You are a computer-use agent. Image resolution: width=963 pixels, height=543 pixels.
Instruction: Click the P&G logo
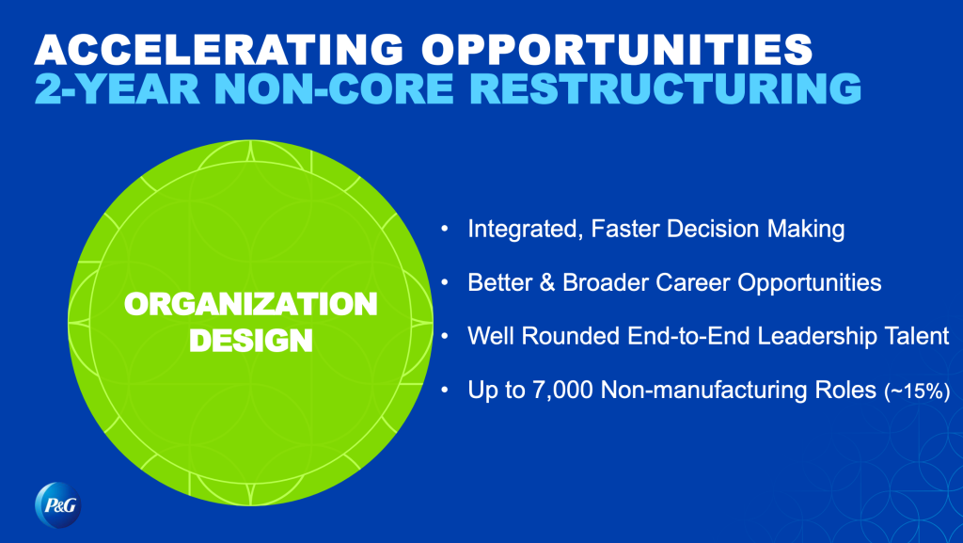click(x=58, y=505)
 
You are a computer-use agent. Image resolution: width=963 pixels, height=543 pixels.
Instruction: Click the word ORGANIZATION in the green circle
click(x=250, y=304)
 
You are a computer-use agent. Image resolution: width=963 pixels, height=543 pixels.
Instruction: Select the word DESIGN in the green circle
click(x=250, y=341)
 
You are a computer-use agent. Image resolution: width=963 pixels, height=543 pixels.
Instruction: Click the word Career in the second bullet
click(x=693, y=282)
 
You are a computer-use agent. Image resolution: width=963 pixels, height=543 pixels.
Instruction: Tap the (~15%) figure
click(x=917, y=391)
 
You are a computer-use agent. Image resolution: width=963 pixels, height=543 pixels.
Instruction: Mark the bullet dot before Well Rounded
click(x=445, y=336)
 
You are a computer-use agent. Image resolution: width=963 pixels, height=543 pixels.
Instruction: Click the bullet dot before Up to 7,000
click(x=445, y=390)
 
